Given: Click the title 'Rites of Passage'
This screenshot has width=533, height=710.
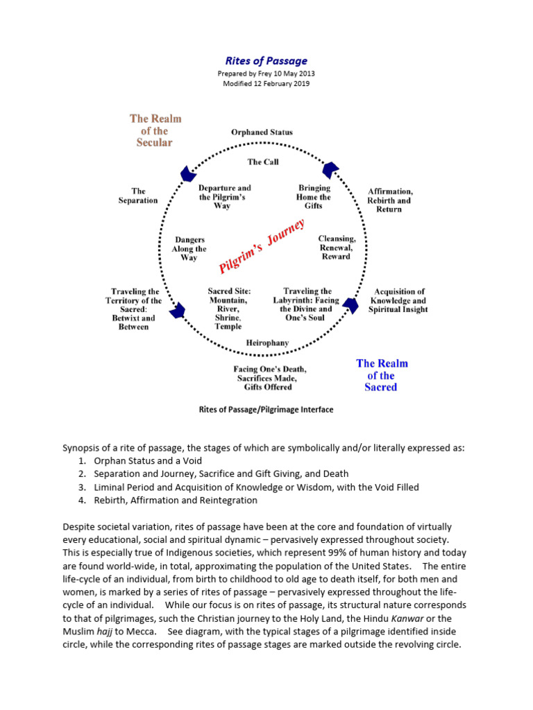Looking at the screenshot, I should (x=266, y=61).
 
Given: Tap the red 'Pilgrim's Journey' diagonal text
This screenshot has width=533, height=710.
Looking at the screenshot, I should (x=262, y=247).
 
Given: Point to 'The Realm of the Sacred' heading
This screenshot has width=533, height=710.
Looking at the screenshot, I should (x=381, y=375).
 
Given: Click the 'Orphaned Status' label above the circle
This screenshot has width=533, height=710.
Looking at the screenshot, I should (x=262, y=132).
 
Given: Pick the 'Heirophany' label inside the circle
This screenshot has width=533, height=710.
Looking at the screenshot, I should (x=267, y=343).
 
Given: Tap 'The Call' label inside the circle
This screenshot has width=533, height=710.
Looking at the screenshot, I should (x=263, y=162).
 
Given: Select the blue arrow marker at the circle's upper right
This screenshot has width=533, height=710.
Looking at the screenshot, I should (x=330, y=169).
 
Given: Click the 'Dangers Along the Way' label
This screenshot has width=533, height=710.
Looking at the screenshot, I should (x=189, y=249).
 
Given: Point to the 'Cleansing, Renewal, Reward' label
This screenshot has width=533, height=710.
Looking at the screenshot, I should (x=337, y=248).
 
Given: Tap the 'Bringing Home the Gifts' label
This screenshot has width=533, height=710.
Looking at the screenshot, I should (x=314, y=197).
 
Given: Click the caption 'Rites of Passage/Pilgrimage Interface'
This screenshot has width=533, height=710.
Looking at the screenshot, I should (x=266, y=409).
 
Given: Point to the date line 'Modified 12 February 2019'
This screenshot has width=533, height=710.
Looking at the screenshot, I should (x=266, y=83).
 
